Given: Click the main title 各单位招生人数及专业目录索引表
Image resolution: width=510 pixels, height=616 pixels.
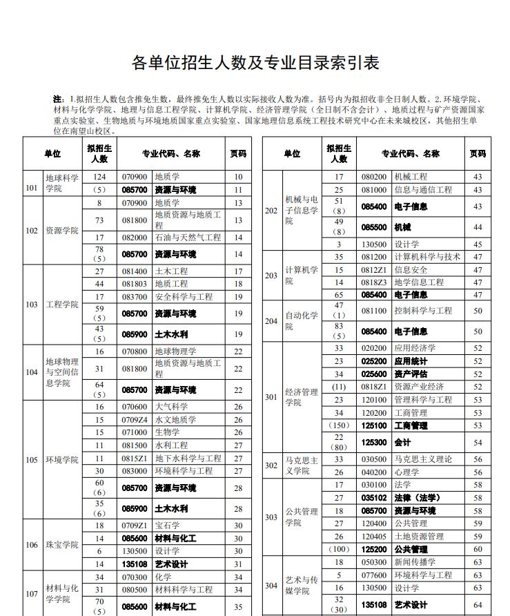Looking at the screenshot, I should click(x=255, y=64).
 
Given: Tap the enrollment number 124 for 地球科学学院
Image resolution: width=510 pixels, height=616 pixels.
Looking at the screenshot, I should click(x=99, y=177).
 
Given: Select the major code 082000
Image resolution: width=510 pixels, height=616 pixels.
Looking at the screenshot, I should click(x=135, y=238).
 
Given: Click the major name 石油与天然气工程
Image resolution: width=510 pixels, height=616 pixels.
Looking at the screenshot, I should click(x=188, y=238).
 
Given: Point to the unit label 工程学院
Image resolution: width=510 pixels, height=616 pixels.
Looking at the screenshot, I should click(x=61, y=305).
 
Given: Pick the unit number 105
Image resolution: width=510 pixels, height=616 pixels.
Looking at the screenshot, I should click(x=32, y=460).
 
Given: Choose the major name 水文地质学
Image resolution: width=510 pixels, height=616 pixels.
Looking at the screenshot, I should click(x=175, y=420).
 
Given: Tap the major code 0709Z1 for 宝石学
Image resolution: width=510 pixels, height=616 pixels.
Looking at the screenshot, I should click(x=135, y=526).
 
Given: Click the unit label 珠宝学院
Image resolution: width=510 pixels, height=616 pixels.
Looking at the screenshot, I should click(x=61, y=545).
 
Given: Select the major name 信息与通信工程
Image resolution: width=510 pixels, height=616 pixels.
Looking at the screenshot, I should click(x=423, y=190).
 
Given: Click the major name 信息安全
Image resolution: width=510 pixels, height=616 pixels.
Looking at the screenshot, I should click(x=411, y=270).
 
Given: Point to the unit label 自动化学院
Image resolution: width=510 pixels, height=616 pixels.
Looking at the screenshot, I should click(x=302, y=320).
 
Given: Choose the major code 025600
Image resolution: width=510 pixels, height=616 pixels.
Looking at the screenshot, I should click(x=374, y=374).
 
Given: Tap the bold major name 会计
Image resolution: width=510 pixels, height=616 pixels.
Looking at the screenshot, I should click(x=402, y=442).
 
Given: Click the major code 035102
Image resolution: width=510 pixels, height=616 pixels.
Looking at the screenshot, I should click(x=374, y=498).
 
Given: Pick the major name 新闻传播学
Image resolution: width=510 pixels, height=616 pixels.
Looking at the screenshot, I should click(x=415, y=562).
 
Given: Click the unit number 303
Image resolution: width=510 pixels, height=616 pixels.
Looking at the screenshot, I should click(x=272, y=517).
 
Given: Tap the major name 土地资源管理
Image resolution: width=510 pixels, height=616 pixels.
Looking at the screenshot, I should click(x=419, y=537).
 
